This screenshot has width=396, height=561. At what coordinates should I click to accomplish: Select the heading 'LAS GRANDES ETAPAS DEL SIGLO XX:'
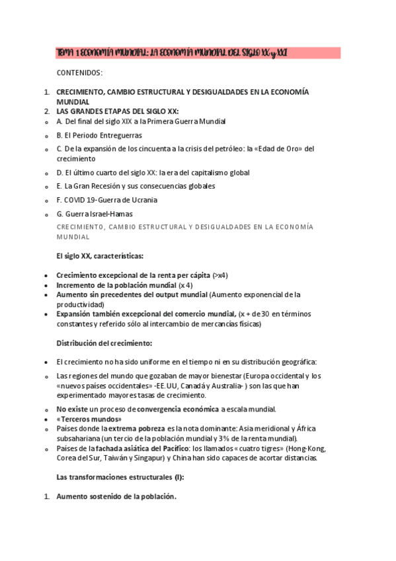coord(118,110)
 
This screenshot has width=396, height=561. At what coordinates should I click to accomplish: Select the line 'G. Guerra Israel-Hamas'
coord(95,213)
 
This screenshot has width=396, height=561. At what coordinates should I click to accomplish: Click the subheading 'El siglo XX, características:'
coord(99,255)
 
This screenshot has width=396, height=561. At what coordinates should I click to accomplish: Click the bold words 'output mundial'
coord(182,294)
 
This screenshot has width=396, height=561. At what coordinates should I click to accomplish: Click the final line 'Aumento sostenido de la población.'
coord(116,497)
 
